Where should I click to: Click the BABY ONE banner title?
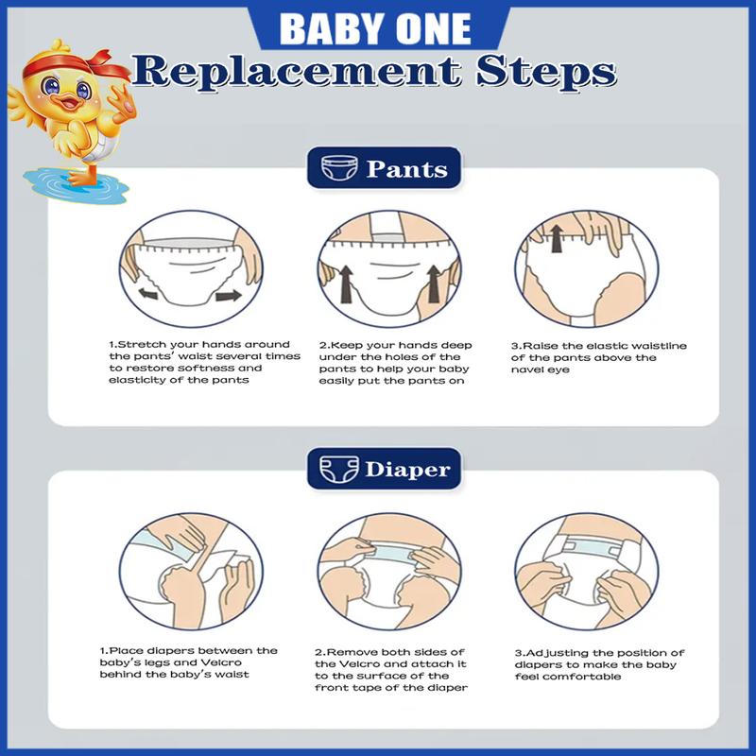375,29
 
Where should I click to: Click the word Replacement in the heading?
296,73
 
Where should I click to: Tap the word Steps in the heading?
546,73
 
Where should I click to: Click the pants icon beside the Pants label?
340,168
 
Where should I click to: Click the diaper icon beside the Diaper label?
339,469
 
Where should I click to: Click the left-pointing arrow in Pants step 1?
148,294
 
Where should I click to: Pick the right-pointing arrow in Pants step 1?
229,296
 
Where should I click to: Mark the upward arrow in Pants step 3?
557,239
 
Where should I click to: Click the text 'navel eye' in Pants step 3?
540,369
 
